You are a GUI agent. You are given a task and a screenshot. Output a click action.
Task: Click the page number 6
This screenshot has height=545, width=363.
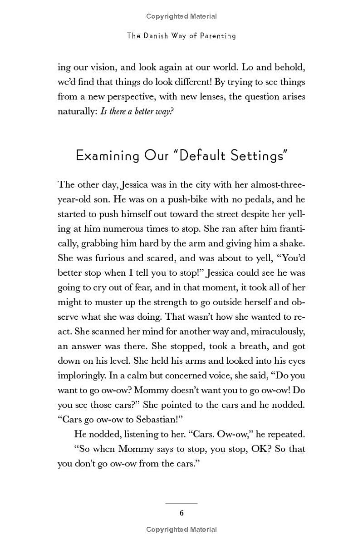click(181, 513)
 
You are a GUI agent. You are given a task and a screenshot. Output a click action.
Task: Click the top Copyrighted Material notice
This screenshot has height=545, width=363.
click(181, 16)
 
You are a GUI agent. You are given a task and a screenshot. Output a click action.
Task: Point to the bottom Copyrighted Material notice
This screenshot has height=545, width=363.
click(181, 530)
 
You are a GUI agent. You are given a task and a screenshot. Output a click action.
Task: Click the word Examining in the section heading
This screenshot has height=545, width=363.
click(108, 155)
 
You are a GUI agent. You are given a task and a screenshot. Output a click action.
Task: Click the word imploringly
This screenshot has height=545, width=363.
click(81, 375)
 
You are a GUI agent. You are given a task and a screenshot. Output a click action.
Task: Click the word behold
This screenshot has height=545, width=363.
click(286, 67)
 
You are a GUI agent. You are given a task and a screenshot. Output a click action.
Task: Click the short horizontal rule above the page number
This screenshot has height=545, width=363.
click(181, 503)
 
